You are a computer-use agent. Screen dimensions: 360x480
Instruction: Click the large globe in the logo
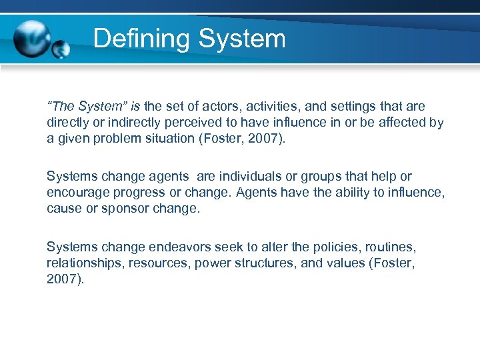33,39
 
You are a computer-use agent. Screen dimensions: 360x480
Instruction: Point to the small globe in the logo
61,49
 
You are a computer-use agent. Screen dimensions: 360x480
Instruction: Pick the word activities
260,107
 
